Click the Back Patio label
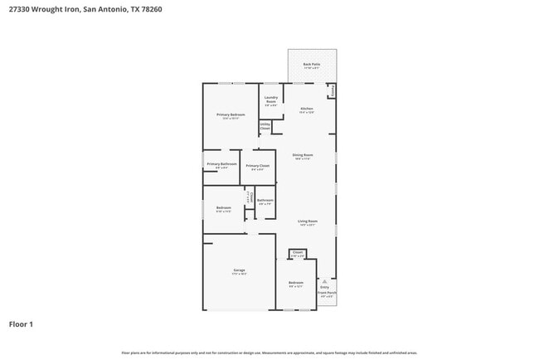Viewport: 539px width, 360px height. pos(311,65)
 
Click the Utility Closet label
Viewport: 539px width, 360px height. pos(265,127)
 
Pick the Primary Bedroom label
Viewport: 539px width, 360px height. pos(231,116)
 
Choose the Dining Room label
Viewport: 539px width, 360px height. pos(302,156)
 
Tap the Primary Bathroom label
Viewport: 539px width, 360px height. pos(221,165)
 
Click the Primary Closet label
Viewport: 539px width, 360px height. pos(258,167)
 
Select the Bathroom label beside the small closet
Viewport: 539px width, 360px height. pos(265,201)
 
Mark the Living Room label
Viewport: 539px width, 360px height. pos(308,222)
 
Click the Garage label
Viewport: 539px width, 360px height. pos(239,271)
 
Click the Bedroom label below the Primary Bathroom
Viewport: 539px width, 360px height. pos(223,208)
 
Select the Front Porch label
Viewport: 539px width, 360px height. pos(327,293)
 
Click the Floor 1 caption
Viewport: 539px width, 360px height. pos(22,324)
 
